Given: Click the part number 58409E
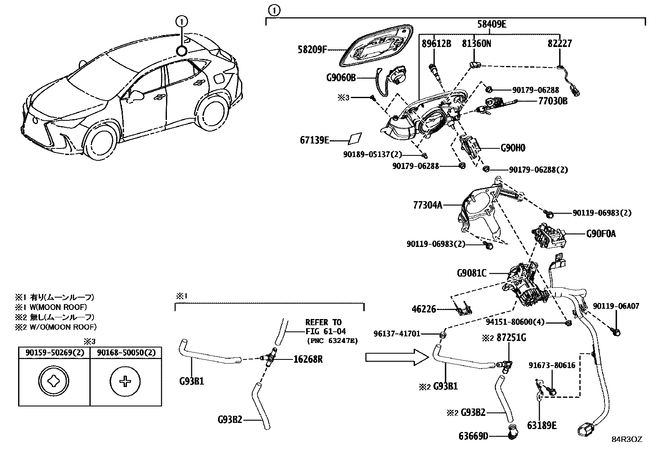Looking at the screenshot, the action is coord(492,24).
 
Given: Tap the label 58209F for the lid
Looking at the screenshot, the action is coord(312,49).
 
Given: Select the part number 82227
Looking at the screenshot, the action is coord(560,43).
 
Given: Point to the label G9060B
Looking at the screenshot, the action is coord(341,77).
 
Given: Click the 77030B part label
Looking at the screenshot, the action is coord(553,101).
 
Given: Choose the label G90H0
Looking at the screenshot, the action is coord(513,148).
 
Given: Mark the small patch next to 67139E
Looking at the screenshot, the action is coord(355,138).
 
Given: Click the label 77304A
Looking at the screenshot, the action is coord(428,205).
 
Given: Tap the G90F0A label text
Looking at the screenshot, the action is coord(601,234).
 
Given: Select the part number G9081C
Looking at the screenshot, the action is coord(471,273).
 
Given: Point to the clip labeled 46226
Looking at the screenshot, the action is coord(464,309).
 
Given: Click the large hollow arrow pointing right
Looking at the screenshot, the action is coord(397,357).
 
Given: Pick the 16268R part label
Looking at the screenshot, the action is coord(308,359).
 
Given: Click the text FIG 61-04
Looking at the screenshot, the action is coord(326,331).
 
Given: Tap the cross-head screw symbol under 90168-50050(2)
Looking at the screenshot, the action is coord(125,381).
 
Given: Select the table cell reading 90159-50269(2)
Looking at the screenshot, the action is coord(54,352).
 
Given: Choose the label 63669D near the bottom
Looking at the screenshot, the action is coord(473,436).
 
